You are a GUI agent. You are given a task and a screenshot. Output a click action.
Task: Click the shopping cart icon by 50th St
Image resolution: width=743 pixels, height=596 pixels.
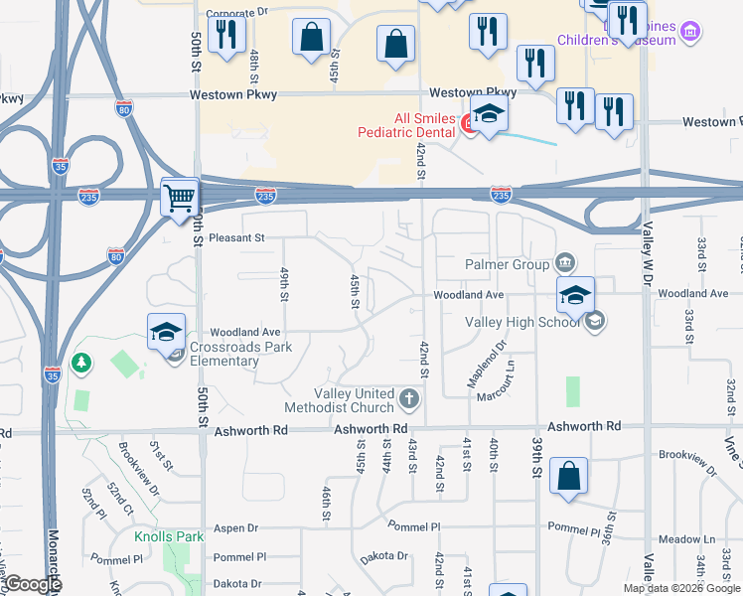pyautogui.click(x=180, y=197)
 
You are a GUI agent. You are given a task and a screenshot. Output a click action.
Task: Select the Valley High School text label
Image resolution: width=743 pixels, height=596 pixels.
pyautogui.click(x=524, y=322)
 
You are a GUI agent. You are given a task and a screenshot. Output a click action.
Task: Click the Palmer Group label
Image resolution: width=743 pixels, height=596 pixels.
pyautogui.click(x=508, y=264)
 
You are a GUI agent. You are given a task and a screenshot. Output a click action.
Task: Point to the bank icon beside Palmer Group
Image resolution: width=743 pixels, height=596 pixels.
pyautogui.click(x=564, y=263)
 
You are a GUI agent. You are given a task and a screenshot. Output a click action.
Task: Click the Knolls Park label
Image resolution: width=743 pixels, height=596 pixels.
pyautogui.click(x=169, y=537)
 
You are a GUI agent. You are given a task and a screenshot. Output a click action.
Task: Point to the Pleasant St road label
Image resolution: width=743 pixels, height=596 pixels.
pyautogui.click(x=237, y=238)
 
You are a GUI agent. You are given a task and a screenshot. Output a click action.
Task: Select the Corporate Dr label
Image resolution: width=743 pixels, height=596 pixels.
pyautogui.click(x=237, y=17)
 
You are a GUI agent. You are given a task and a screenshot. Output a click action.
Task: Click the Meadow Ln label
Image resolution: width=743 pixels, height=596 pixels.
pyautogui.click(x=693, y=539)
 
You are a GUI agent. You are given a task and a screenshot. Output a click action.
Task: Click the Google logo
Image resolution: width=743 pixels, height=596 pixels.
pyautogui.click(x=33, y=585)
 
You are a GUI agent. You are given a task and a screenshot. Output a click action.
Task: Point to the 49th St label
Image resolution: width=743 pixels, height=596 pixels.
pyautogui.click(x=284, y=284)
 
